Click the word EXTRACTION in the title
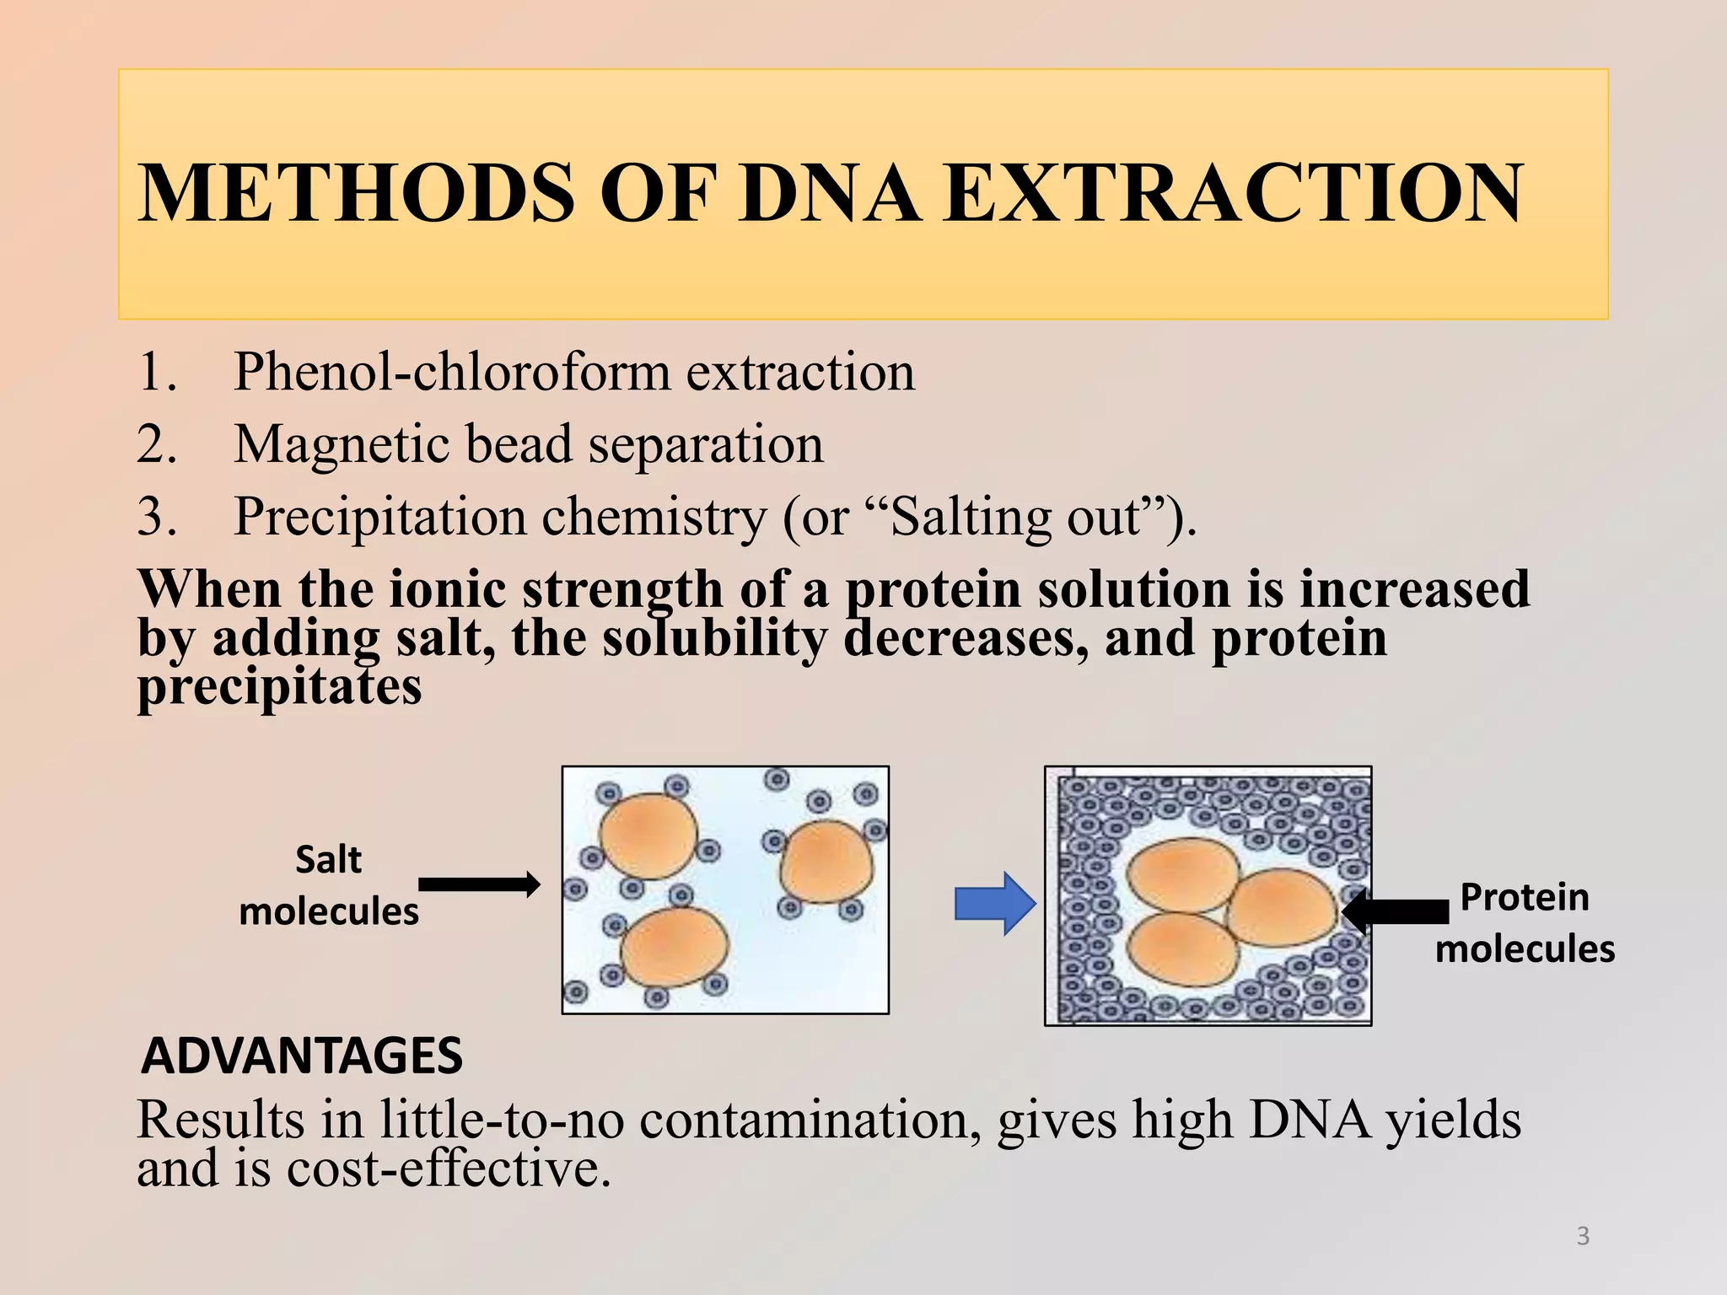point(1233,193)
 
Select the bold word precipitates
point(279,687)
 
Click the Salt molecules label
point(328,885)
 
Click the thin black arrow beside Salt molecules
point(479,884)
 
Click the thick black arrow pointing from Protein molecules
point(1396,911)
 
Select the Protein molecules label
point(1525,922)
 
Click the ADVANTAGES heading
point(302,1056)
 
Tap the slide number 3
point(1583,1236)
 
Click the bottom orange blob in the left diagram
point(675,948)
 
